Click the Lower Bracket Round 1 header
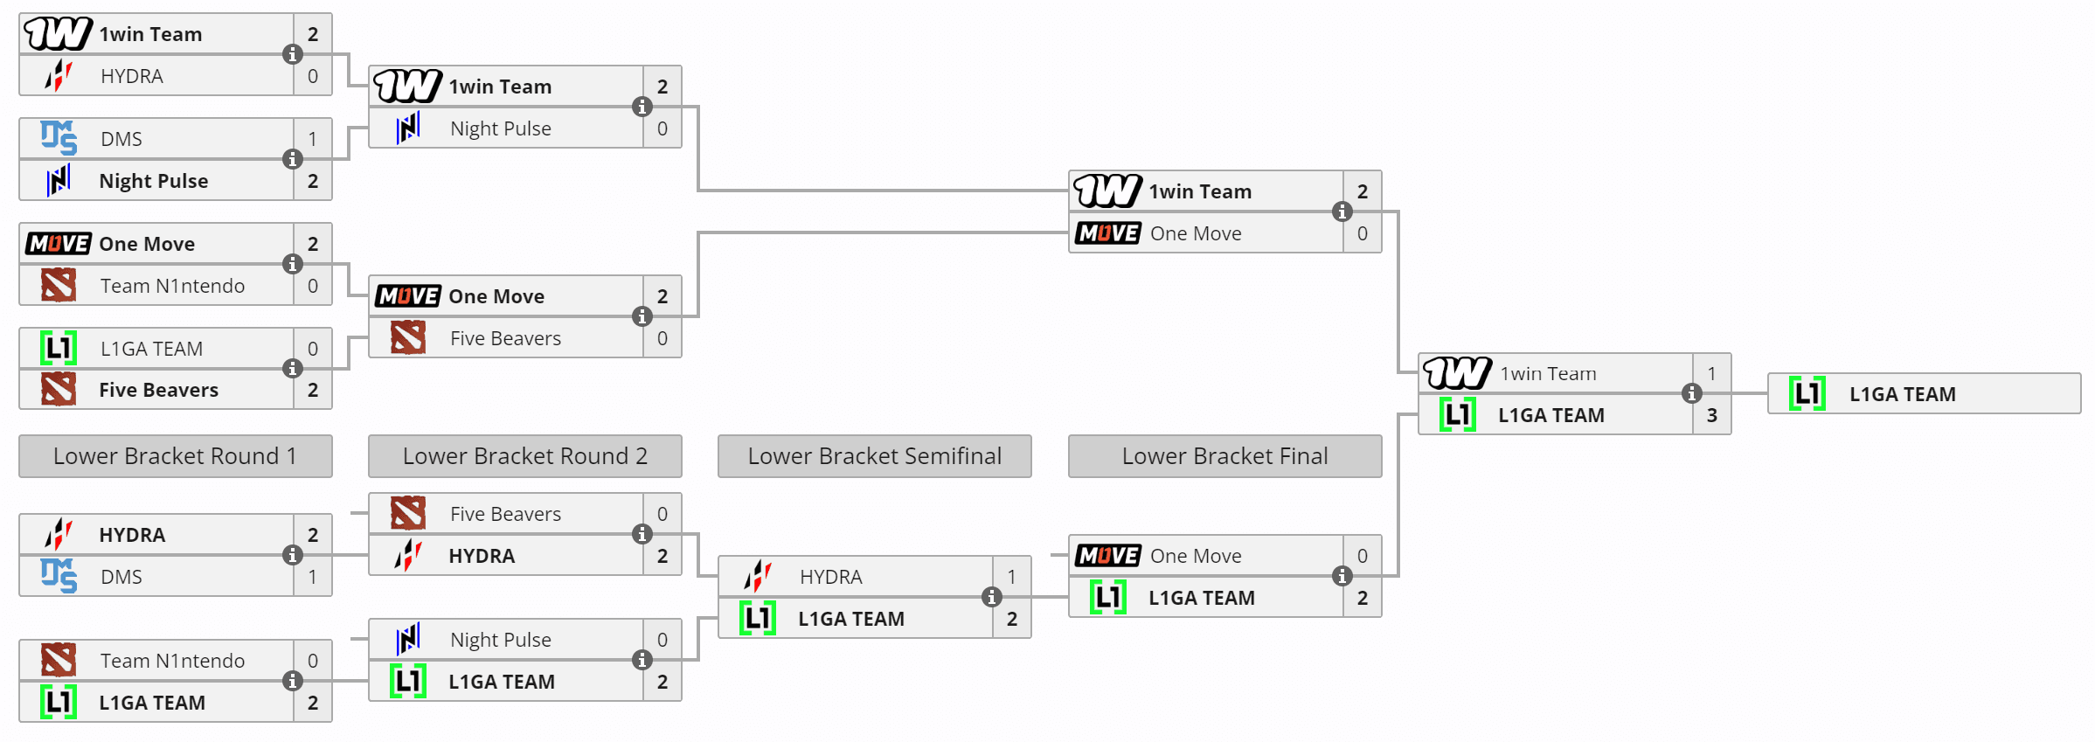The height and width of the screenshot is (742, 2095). coord(175,456)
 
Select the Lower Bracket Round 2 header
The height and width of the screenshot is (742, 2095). coord(524,456)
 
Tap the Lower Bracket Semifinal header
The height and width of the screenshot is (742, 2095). coord(874,456)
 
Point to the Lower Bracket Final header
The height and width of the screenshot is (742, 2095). coord(1224,456)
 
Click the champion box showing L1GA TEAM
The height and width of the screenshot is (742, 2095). coord(1923,394)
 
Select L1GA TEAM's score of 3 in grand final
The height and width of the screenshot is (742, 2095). coord(1711,415)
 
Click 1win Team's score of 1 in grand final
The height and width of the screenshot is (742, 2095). coord(1711,374)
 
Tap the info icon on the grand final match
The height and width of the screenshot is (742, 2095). coord(1691,393)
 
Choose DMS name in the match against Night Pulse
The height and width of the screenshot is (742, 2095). coord(121,139)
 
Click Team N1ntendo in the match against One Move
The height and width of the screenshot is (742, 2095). coord(172,286)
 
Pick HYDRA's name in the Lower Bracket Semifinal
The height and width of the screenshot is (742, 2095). coord(830,577)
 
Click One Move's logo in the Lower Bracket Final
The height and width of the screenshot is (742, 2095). coord(1107,556)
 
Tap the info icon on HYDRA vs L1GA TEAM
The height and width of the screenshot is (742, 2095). coord(991,597)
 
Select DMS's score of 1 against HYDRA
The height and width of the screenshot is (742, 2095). coord(312,577)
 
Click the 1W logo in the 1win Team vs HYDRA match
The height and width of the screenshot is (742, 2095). coord(58,34)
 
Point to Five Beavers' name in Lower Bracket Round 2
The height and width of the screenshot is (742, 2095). coord(505,514)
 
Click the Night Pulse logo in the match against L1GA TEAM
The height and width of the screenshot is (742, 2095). coord(408,640)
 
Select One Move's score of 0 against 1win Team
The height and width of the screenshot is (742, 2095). coord(1362,233)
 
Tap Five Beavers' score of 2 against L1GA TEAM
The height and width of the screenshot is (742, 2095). coord(312,390)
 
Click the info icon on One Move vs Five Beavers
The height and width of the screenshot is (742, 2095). coord(642,316)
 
